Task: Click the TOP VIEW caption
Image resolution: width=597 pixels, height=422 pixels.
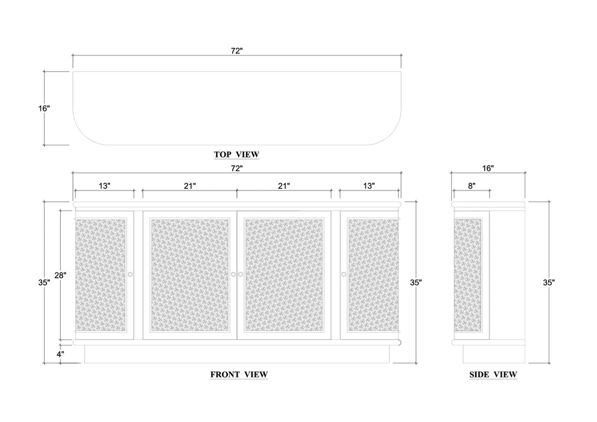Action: [236, 154]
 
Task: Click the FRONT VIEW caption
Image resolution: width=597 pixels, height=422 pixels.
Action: [239, 374]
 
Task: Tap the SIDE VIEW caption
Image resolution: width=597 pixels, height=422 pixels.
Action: [493, 374]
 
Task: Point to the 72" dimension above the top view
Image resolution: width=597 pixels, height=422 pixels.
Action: [236, 51]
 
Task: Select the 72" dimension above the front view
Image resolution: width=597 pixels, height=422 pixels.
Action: [236, 168]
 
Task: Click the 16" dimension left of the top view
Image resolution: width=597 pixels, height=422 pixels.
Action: [43, 109]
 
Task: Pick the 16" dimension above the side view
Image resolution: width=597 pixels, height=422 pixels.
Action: [488, 168]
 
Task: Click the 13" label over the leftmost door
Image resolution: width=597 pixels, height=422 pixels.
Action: [104, 186]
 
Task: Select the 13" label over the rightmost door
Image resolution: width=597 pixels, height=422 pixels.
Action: [368, 186]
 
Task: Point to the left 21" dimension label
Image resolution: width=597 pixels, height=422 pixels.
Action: [189, 186]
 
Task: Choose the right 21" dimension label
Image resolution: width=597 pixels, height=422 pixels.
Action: [283, 186]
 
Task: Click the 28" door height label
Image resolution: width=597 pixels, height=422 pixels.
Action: [60, 275]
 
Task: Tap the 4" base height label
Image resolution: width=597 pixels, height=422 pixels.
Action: [60, 354]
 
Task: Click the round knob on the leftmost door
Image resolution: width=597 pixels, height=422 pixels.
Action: [130, 275]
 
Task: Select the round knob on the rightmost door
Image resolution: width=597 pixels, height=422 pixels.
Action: [344, 275]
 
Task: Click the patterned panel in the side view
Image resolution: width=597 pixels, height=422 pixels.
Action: [467, 274]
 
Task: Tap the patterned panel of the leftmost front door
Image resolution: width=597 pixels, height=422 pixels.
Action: [100, 274]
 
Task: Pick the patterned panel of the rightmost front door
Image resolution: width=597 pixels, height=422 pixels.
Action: [373, 274]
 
